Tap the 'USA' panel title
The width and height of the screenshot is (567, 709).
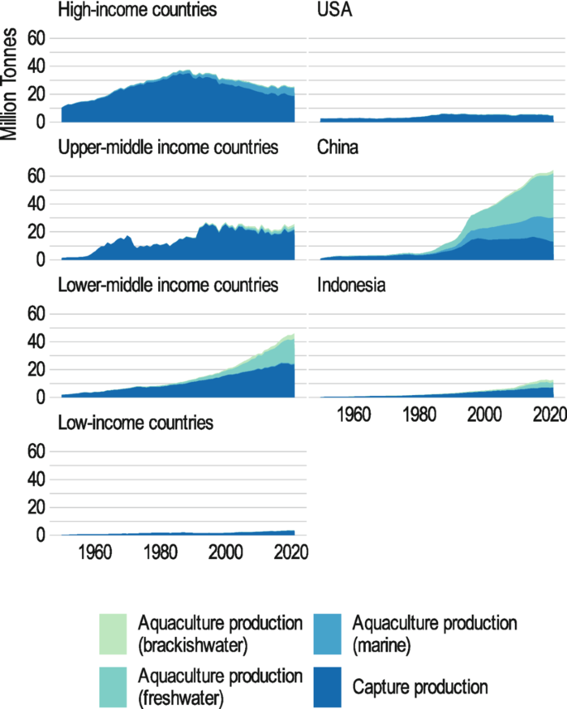point(335,12)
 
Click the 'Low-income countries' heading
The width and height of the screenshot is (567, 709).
point(136,423)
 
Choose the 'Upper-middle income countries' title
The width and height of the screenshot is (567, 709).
point(168,149)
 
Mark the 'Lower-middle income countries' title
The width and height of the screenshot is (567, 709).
point(168,287)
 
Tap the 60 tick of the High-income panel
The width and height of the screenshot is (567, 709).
point(36,38)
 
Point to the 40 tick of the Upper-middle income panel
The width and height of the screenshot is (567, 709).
point(36,204)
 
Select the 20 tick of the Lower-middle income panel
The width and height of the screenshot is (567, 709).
point(36,369)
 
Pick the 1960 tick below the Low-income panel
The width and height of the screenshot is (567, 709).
point(96,553)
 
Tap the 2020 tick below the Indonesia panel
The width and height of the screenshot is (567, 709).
point(548,415)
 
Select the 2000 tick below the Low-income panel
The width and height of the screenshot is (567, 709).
point(225,553)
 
